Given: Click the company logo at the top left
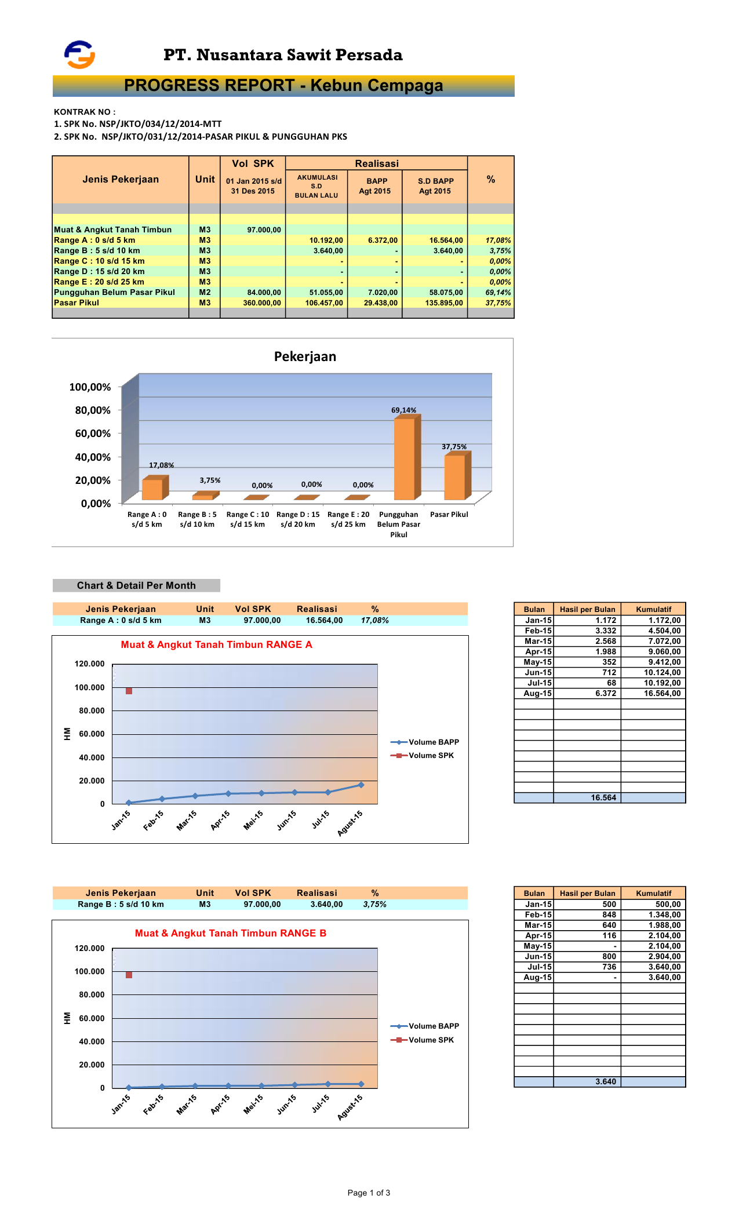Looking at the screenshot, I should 79,54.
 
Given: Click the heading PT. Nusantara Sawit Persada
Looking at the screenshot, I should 283,55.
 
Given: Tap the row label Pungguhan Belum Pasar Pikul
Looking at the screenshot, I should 114,293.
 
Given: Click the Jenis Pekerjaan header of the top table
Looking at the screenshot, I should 121,180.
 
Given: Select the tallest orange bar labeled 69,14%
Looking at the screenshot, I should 405,458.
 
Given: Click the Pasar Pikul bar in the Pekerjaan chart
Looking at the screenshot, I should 455,476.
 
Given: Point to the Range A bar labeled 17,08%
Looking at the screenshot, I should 152,489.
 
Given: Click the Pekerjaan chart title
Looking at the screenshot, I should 305,356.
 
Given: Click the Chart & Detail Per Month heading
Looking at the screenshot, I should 136,585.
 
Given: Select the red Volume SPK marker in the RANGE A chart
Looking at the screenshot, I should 129,691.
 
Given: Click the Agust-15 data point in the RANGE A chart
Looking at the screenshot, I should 361,785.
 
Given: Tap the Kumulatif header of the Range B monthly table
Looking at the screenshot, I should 653,893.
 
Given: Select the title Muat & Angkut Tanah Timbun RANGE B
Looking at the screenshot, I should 231,933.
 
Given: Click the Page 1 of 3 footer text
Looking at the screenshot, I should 369,1193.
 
